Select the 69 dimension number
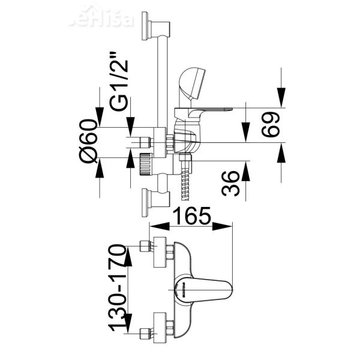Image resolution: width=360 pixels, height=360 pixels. coord(271,125)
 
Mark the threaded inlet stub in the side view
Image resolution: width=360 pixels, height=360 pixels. coord(144,142)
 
